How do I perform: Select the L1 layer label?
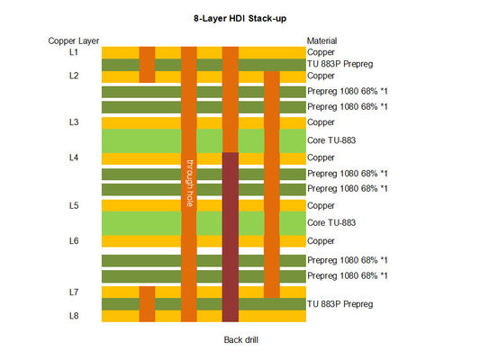point(74,52)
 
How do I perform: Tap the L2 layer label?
point(74,76)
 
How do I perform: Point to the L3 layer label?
point(74,121)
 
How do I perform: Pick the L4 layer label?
point(74,157)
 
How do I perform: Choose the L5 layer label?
point(74,205)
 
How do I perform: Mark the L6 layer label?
point(74,240)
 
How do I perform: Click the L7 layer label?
point(74,292)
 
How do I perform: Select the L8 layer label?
point(74,316)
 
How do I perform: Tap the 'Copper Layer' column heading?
point(74,40)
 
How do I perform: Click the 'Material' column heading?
point(322,40)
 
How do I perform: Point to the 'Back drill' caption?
point(241,339)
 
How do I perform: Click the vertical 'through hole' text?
point(189,184)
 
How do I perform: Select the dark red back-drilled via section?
point(231,238)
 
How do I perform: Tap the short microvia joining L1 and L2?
point(147,64)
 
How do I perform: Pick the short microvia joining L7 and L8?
point(147,304)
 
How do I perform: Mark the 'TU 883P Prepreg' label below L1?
point(340,64)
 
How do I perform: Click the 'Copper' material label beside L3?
point(322,121)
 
